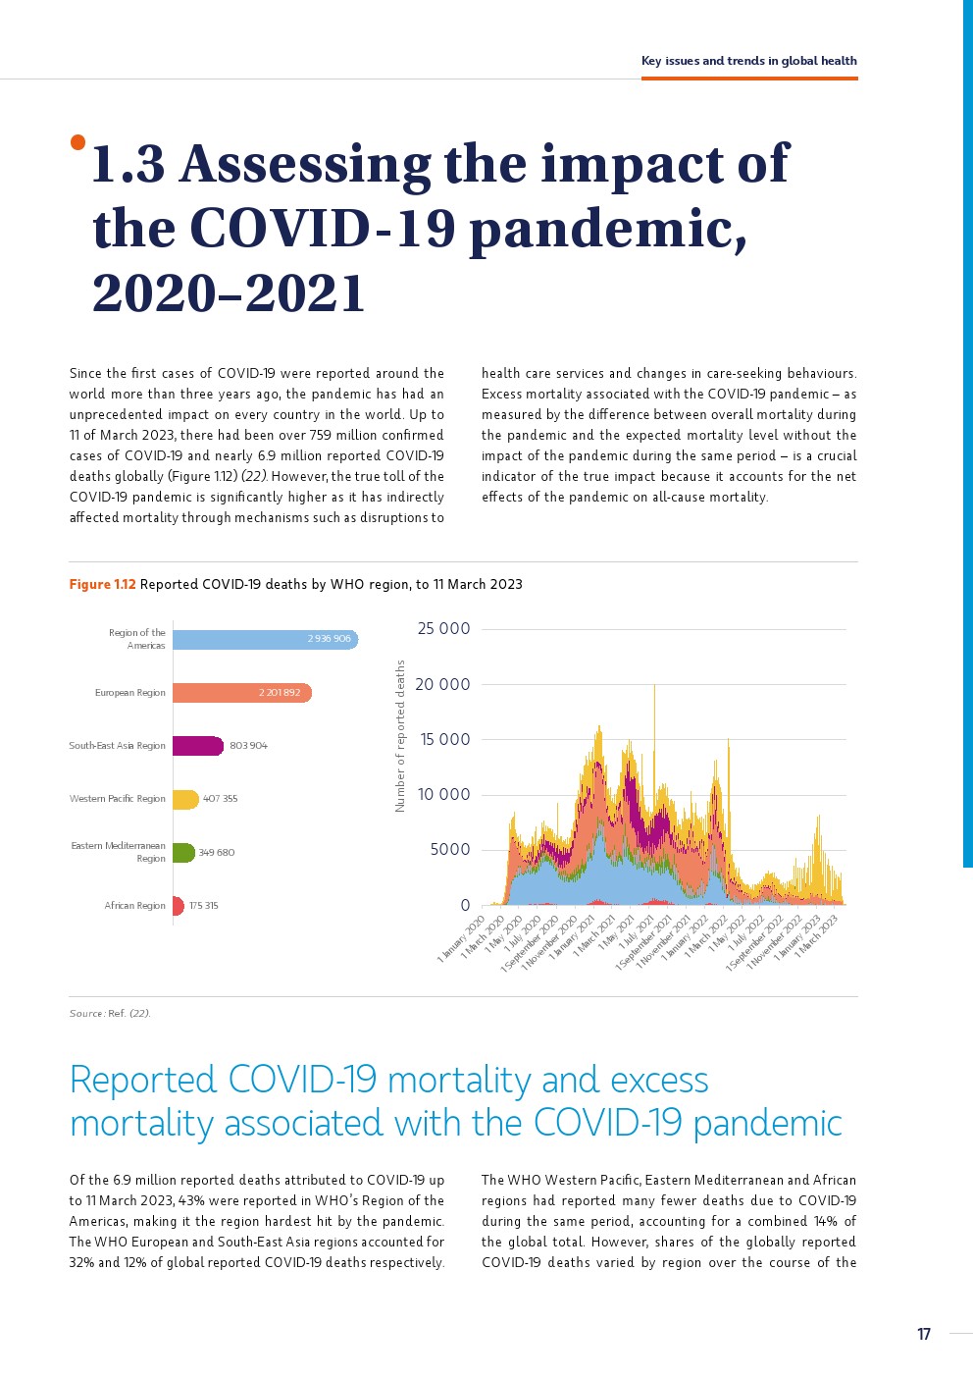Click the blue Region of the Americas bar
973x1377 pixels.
click(x=265, y=639)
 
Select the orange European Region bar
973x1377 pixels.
click(x=241, y=693)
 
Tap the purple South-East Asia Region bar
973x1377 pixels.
click(x=197, y=746)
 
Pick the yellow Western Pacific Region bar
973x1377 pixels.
click(x=185, y=799)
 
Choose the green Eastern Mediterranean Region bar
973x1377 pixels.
click(x=183, y=852)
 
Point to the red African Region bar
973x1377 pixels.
click(x=179, y=906)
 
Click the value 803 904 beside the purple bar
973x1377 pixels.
click(x=248, y=746)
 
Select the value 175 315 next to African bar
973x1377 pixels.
click(x=204, y=906)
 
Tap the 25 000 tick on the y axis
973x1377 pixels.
click(x=443, y=629)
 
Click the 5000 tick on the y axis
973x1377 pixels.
click(x=450, y=850)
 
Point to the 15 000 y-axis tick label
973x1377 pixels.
click(x=445, y=740)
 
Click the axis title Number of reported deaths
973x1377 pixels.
click(x=400, y=736)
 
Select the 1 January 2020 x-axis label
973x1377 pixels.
click(x=461, y=939)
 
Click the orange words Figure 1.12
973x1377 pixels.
click(x=102, y=584)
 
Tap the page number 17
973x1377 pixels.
click(x=923, y=1334)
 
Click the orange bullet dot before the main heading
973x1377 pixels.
click(x=77, y=143)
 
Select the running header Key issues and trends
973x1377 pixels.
click(x=748, y=61)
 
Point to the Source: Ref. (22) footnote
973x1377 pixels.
click(x=110, y=1013)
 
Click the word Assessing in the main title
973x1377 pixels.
click(x=305, y=164)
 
